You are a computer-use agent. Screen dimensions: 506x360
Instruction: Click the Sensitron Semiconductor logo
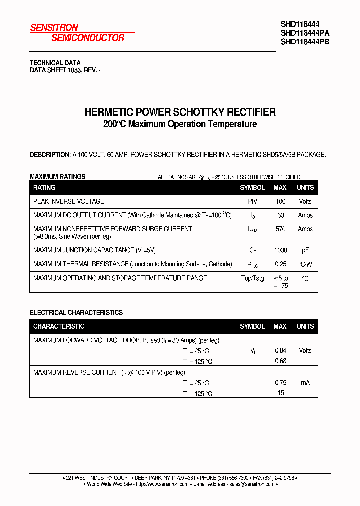[77, 33]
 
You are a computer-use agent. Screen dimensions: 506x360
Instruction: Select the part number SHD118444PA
[305, 33]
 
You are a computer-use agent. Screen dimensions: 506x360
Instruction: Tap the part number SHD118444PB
[305, 42]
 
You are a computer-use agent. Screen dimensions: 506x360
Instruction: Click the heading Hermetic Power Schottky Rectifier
[180, 112]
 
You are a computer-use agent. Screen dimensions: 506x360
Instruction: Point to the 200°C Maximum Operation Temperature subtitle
[180, 124]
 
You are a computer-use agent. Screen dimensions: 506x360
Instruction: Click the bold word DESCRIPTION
[50, 155]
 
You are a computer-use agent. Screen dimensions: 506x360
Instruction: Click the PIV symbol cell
[252, 201]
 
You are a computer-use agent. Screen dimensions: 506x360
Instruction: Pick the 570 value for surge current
[280, 229]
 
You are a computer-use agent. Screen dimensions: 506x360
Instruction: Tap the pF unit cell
[305, 250]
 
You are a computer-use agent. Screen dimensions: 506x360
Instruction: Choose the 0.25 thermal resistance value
[280, 264]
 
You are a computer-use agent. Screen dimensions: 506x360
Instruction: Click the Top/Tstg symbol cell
[252, 278]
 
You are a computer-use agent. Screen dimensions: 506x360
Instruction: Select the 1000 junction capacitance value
[280, 250]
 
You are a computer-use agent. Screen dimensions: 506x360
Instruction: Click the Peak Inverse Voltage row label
[69, 201]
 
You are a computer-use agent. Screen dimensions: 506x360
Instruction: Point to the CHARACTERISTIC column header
[59, 326]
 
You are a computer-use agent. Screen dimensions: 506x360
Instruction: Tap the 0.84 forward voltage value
[280, 350]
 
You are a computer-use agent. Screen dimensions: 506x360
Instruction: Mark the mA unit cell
[305, 382]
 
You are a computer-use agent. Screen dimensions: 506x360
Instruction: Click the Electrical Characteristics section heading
[76, 312]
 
